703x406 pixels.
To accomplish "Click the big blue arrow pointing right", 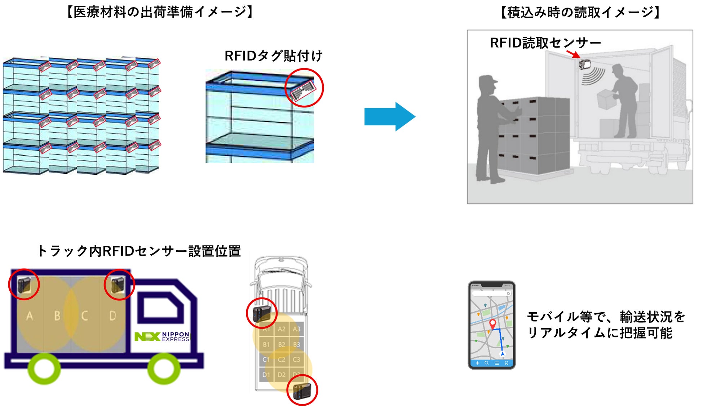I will tap(389, 116).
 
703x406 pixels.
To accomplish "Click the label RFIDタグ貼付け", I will tap(273, 56).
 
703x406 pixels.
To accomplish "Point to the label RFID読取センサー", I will tap(545, 43).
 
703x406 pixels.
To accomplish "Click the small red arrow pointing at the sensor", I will tap(573, 54).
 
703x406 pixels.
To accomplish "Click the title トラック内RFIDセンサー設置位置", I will tap(139, 251).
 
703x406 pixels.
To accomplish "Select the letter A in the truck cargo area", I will tap(30, 316).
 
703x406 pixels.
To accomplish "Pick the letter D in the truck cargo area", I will tap(112, 316).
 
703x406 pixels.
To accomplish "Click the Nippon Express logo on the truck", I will tap(162, 336).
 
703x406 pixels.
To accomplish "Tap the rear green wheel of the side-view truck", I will tap(44, 369).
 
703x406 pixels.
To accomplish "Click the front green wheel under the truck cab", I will tap(164, 369).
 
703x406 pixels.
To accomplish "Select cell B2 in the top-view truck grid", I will tap(282, 344).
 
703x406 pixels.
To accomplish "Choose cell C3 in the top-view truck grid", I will tap(296, 359).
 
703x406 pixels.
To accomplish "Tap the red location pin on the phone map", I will tap(492, 323).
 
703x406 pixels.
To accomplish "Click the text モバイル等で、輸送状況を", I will tap(606, 317).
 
